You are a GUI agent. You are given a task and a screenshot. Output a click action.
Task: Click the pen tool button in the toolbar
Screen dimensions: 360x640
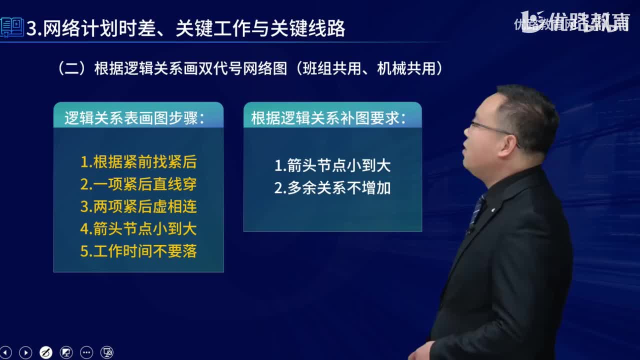click(45, 352)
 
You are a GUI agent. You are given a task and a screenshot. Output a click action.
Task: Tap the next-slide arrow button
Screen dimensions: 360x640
click(25, 352)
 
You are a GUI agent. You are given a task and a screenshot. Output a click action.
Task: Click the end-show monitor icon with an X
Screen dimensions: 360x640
click(107, 352)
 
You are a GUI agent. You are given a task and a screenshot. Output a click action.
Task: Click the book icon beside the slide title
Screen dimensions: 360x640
click(12, 27)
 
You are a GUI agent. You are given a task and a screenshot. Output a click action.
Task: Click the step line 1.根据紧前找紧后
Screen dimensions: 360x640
click(138, 162)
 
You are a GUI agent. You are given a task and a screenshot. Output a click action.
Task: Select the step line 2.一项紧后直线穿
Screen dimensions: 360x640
click(138, 184)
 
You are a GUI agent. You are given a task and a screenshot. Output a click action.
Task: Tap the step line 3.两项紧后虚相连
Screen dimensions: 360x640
click(138, 206)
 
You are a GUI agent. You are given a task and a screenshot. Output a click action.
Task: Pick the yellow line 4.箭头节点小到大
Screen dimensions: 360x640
click(138, 228)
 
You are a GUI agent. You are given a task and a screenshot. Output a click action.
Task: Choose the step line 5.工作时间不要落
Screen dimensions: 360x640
click(138, 251)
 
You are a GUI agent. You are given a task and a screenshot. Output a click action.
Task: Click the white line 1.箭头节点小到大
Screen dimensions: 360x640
click(332, 165)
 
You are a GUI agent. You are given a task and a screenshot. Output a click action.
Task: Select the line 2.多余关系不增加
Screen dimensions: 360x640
click(332, 188)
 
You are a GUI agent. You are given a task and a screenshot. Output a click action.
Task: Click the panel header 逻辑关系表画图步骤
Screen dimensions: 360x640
click(134, 118)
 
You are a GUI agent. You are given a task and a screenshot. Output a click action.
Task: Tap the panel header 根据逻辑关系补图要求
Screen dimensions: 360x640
click(328, 118)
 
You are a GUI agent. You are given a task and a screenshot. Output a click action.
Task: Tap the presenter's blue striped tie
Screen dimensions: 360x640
click(476, 210)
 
